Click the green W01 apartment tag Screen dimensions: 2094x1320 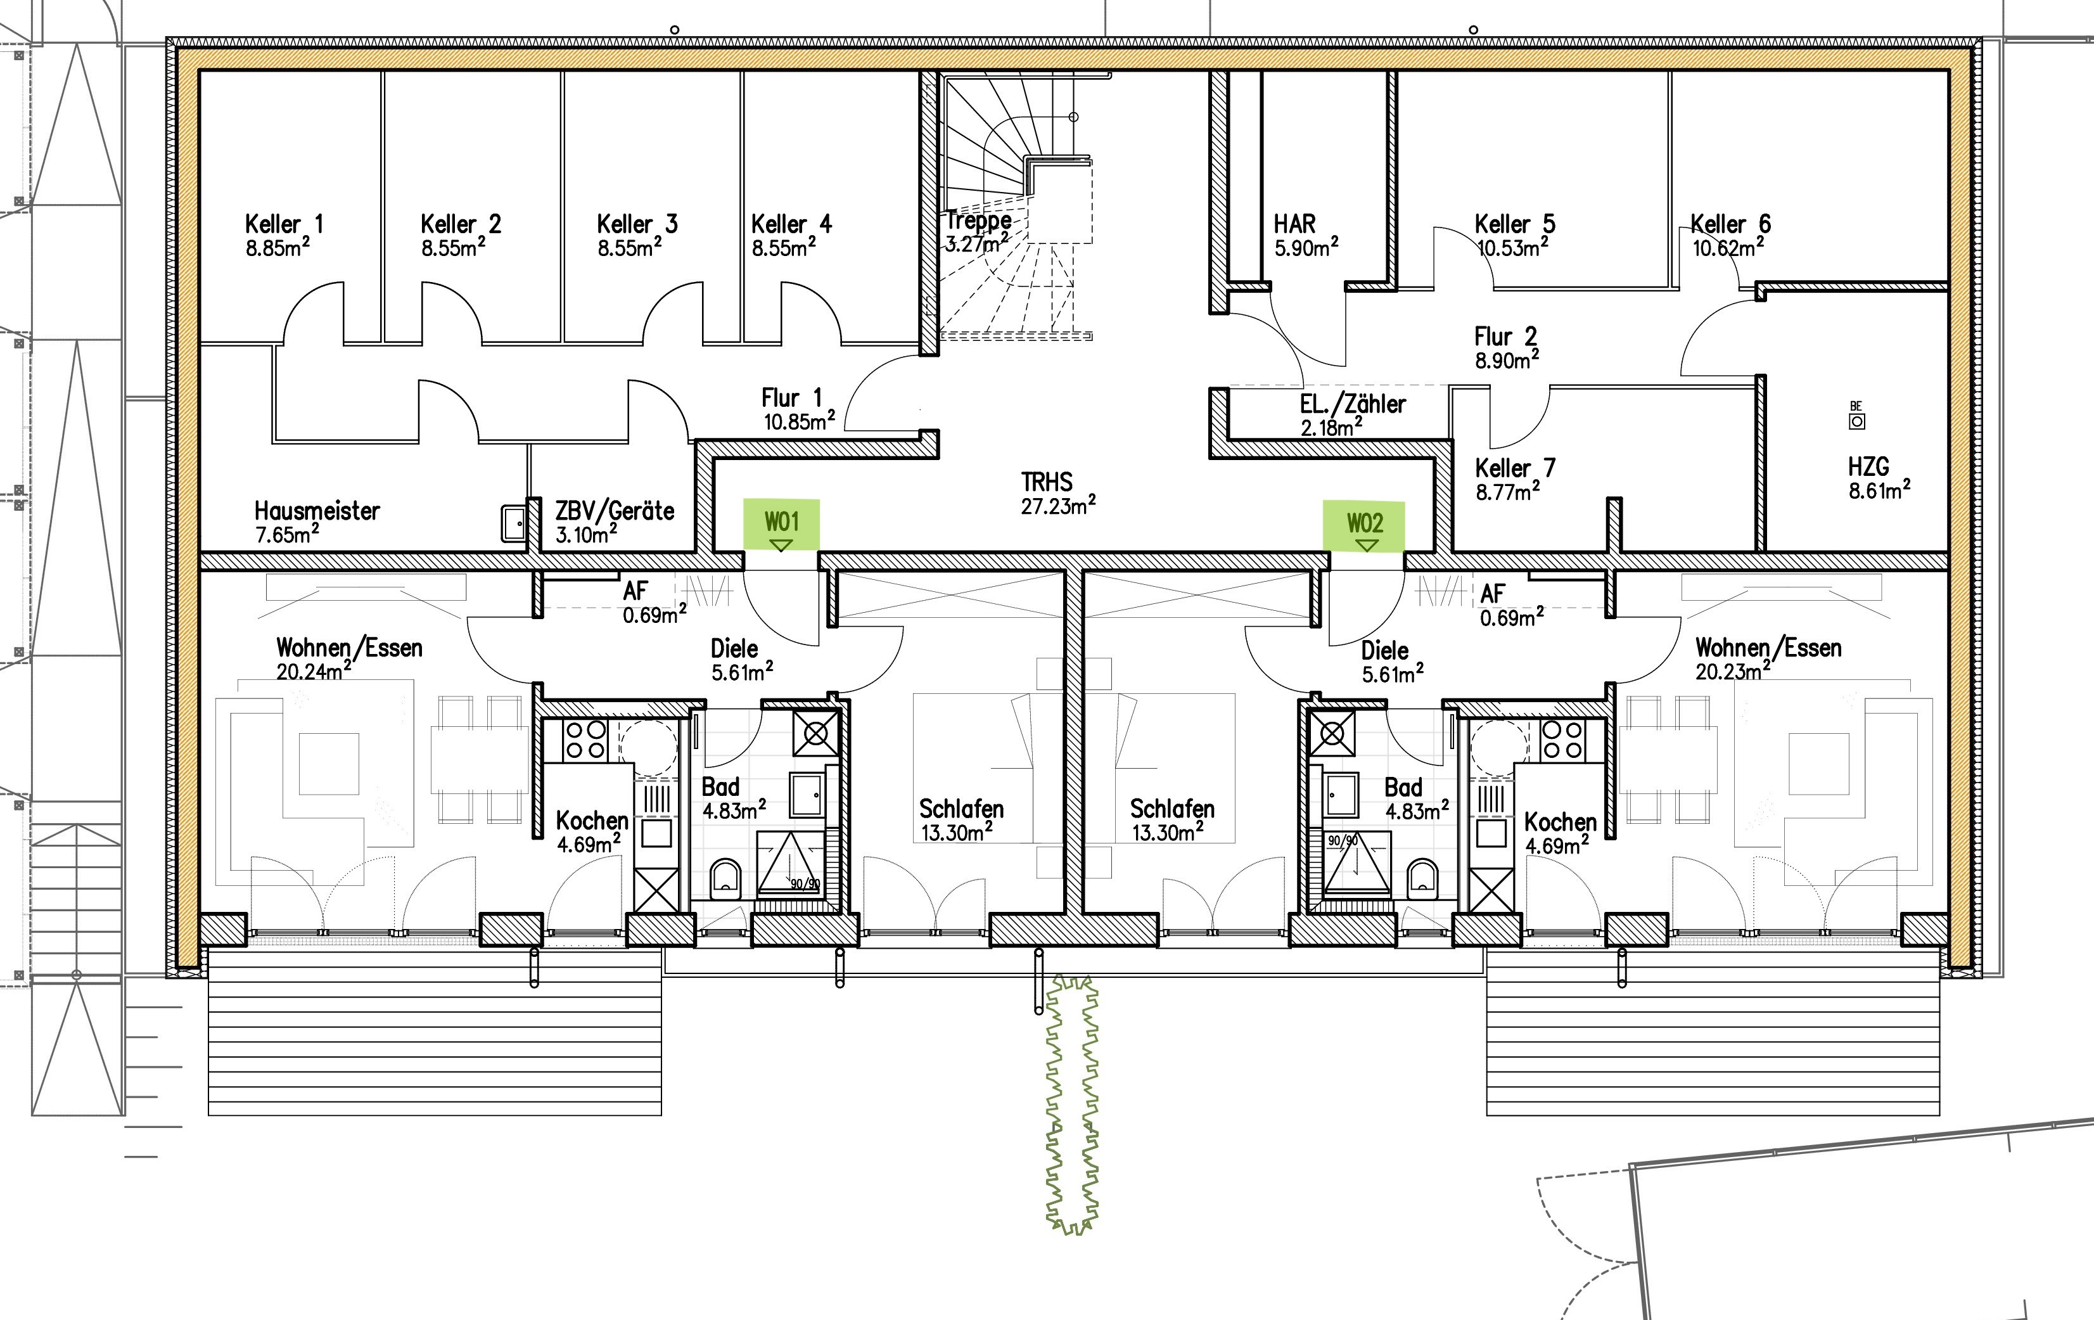[781, 524]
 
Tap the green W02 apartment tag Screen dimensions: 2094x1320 [1363, 526]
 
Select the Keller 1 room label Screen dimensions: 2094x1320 [283, 224]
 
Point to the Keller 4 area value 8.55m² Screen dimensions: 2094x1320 [784, 248]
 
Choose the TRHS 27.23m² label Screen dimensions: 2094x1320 [1057, 494]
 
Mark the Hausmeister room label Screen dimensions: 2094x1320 [317, 510]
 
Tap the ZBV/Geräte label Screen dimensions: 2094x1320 [615, 510]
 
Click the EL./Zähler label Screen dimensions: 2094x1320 [1352, 404]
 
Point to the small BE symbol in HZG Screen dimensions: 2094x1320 [1856, 416]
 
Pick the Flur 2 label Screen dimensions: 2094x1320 [1505, 336]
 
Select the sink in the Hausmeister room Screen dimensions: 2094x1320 [514, 523]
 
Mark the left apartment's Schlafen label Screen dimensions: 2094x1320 [961, 809]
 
